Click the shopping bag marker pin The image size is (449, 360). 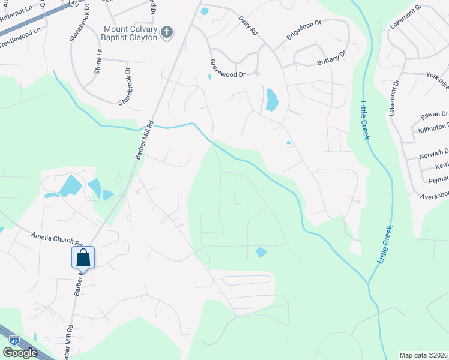pos(83,258)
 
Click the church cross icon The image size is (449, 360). pos(167,33)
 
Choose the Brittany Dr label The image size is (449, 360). pos(331,58)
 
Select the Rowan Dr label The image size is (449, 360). pos(435,114)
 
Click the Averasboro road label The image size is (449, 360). pos(430,196)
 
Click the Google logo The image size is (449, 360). pos(19,353)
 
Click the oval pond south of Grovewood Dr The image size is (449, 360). pos(271,100)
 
